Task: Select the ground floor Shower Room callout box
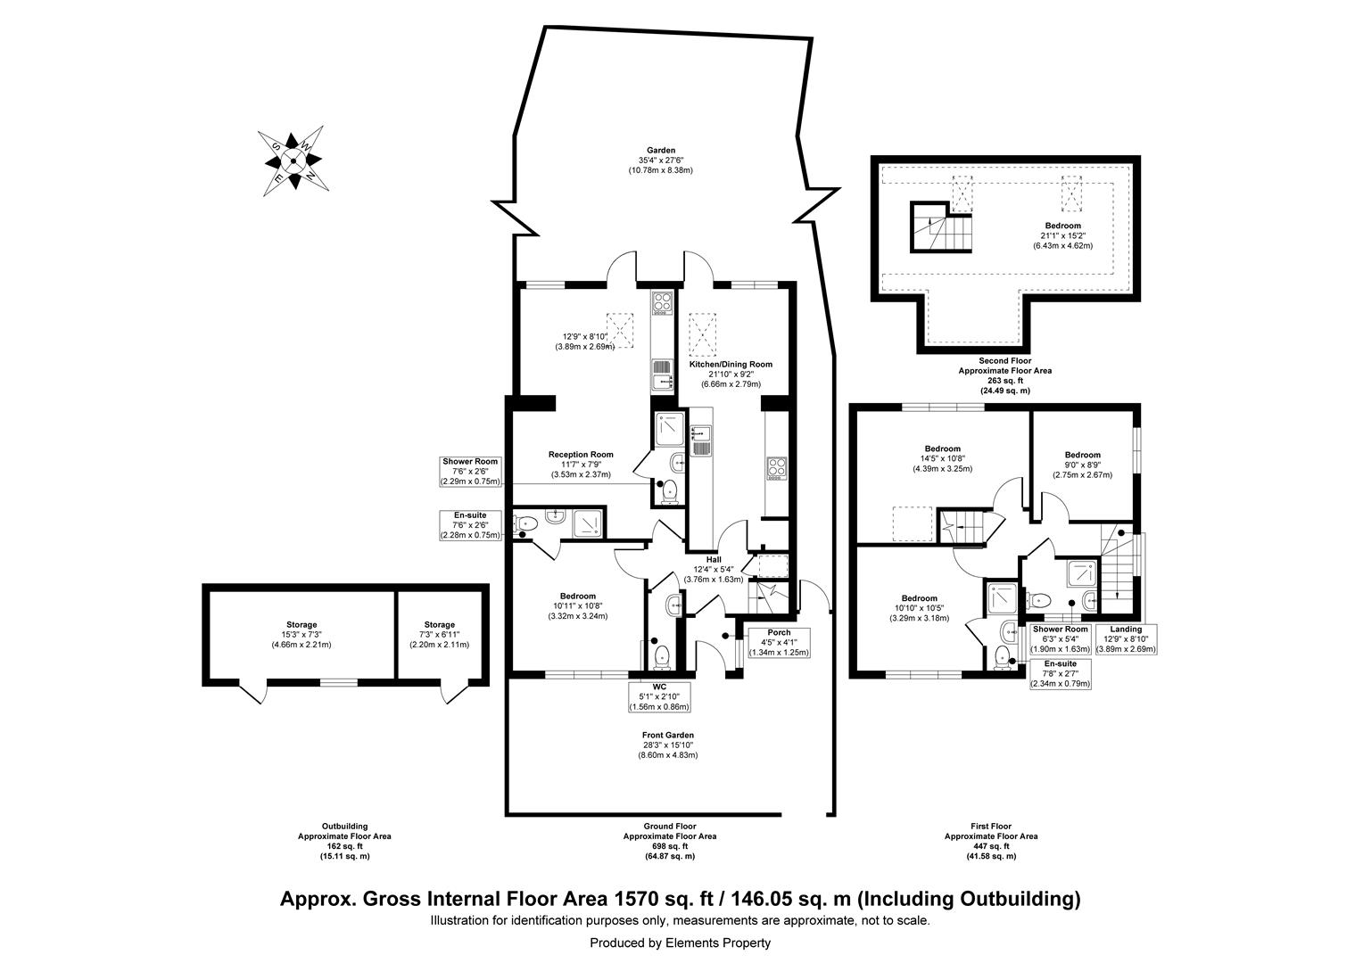[470, 472]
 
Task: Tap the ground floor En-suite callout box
[470, 525]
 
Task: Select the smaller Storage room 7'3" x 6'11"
[439, 634]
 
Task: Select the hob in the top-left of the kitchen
[661, 303]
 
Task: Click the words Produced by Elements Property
[680, 942]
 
